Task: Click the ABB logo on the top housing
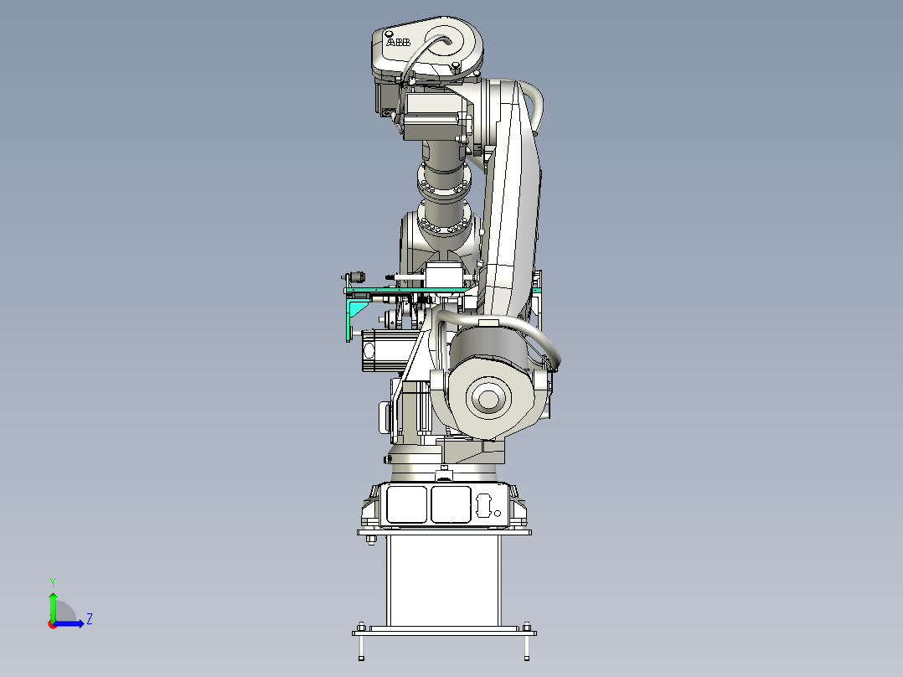click(x=398, y=42)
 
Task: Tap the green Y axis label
click(x=53, y=583)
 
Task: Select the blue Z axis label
click(x=90, y=619)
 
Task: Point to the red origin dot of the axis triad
click(x=53, y=624)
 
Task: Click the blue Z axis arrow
click(x=69, y=623)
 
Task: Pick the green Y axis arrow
click(x=53, y=607)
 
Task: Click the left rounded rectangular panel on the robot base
click(x=406, y=504)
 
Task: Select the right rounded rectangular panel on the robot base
click(x=451, y=504)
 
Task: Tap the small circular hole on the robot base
click(x=498, y=513)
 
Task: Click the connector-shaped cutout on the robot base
click(x=482, y=504)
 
